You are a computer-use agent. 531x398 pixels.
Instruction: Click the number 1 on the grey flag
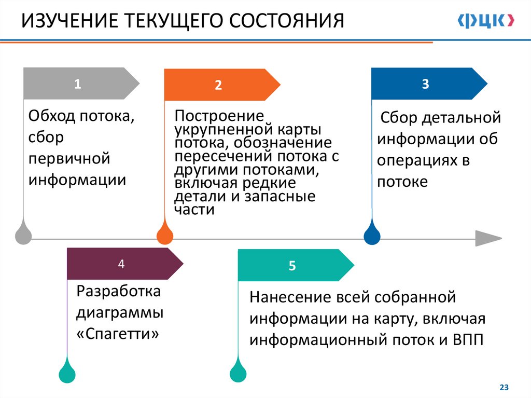pos(77,84)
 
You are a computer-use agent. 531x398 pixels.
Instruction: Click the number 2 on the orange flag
pos(218,86)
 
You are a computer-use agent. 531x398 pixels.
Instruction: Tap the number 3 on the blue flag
pos(425,84)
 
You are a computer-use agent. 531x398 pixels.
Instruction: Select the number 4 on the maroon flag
pos(121,264)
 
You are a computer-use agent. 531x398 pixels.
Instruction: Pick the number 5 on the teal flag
pos(292,266)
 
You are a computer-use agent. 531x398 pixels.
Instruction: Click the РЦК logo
pos(486,21)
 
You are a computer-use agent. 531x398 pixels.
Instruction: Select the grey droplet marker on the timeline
pos(23,234)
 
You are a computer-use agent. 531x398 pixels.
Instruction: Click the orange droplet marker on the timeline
pos(164,234)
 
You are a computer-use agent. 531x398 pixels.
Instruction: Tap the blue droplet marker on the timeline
pos(372,234)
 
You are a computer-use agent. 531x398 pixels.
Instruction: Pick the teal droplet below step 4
pos(67,372)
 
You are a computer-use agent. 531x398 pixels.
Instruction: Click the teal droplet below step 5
pos(238,372)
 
